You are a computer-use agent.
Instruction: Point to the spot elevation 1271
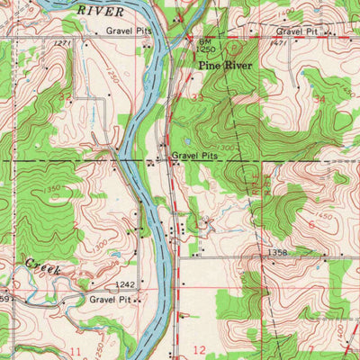(60, 42)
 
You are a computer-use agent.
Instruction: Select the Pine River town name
(221, 67)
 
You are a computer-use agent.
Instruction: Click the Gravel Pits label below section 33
(196, 156)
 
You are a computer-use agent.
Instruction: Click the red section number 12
(199, 348)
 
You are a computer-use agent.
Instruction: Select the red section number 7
(311, 347)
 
